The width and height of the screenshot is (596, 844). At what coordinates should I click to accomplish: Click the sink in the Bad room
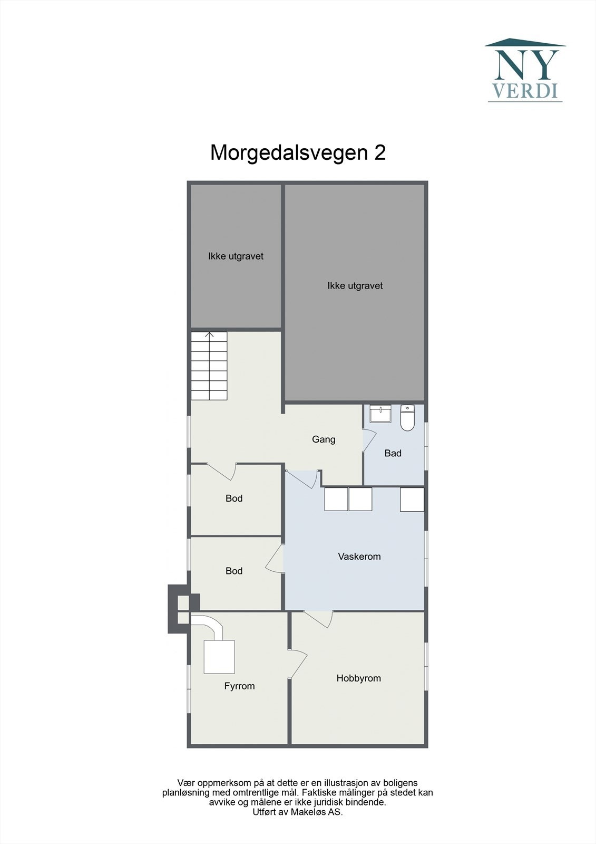380,414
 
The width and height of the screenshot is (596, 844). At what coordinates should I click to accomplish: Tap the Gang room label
324,439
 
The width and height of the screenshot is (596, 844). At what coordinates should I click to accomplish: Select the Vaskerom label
359,556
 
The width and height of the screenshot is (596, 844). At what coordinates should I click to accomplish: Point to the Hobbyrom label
359,678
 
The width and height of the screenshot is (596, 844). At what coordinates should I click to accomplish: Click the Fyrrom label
239,686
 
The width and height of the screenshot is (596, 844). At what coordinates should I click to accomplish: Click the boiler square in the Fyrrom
219,656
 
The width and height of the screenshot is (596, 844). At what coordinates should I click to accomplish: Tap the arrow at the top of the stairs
209,335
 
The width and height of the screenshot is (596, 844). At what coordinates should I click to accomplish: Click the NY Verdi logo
525,70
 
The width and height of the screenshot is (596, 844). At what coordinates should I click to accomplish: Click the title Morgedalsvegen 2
298,152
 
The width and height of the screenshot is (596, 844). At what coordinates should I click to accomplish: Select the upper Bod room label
234,498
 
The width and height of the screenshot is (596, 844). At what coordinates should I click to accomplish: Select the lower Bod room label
234,571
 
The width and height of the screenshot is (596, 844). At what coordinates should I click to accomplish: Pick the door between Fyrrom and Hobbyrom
298,664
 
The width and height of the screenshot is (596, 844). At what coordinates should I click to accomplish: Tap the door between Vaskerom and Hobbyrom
318,618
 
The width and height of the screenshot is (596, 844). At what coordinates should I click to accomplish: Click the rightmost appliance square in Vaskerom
412,499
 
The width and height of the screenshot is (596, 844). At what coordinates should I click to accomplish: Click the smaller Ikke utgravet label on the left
236,256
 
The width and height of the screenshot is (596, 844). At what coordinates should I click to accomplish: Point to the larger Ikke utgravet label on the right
355,285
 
